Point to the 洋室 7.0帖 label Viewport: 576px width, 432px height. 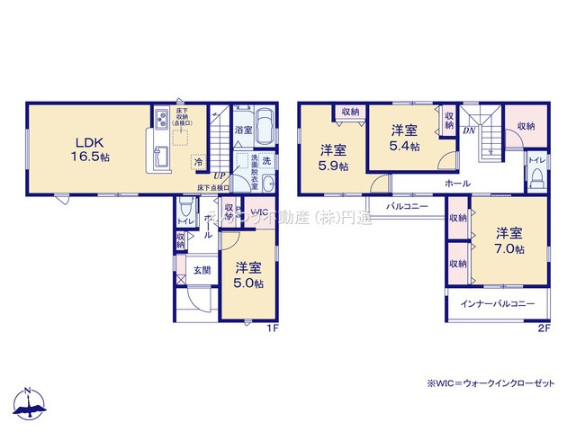coord(508,242)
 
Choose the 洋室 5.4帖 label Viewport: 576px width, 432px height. coord(404,137)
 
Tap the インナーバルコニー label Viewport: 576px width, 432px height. coord(498,304)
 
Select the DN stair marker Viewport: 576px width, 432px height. coord(469,130)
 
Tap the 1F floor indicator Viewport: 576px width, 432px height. coord(271,328)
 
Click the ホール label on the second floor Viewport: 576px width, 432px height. coord(456,183)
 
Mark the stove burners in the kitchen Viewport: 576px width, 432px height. coord(159,118)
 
